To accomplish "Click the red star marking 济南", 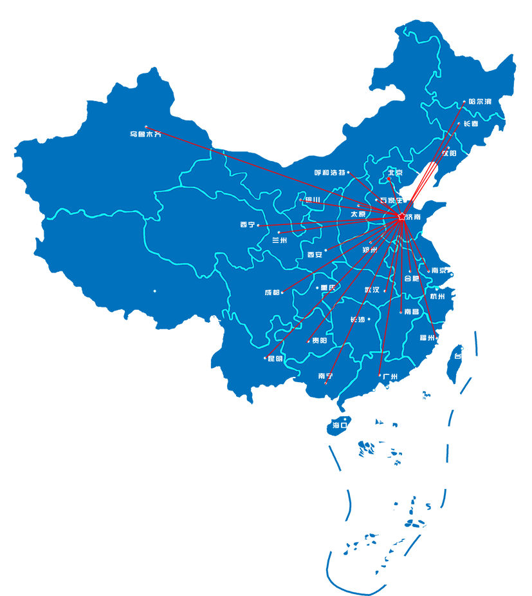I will click(402, 216).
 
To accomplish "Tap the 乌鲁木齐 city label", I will click(145, 135).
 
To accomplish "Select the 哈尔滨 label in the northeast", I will click(480, 102).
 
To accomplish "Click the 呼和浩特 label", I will click(329, 173).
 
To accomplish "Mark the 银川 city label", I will click(313, 200).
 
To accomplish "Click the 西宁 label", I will click(247, 225).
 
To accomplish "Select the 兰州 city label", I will click(280, 240).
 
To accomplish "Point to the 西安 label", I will click(315, 255).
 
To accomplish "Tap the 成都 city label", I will click(271, 293).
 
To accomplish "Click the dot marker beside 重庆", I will click(317, 288).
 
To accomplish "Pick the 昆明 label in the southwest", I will click(275, 358).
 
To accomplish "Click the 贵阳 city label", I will click(319, 340).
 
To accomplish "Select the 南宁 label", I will click(326, 376).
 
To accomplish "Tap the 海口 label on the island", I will click(340, 425).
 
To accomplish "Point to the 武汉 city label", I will click(372, 290).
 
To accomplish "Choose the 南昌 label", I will click(411, 312).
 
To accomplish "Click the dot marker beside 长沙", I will click(369, 319).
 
